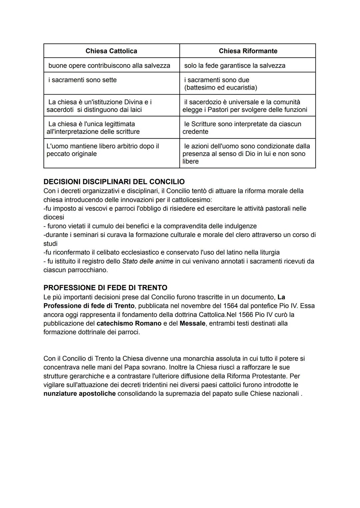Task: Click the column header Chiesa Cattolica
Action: [x=111, y=51]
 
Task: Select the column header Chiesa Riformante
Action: [x=248, y=51]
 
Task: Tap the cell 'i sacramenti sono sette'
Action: [x=83, y=80]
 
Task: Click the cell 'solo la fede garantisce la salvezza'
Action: [x=235, y=66]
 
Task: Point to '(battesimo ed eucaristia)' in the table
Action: [x=221, y=88]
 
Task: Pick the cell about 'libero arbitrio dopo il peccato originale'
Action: [x=103, y=150]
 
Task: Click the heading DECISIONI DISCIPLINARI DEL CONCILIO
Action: [x=114, y=182]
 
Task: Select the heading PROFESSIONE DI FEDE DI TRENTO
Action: [x=105, y=287]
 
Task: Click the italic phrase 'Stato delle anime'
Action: [x=148, y=261]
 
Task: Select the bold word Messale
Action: [x=192, y=323]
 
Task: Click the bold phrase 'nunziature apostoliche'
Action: [x=79, y=394]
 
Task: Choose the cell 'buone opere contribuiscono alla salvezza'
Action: [x=109, y=66]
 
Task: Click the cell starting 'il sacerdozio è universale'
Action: [x=245, y=106]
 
